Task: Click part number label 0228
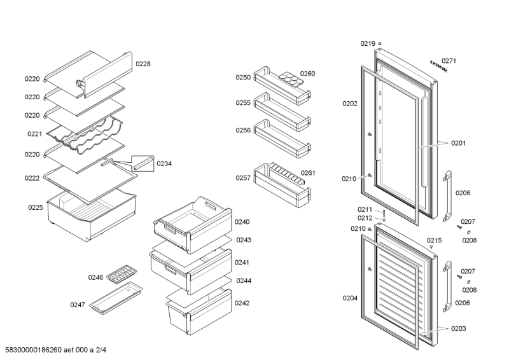[x=143, y=64]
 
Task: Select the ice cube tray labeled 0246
[x=119, y=275]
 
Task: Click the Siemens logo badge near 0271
[x=438, y=66]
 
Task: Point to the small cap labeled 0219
[x=380, y=44]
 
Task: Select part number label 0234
[x=164, y=163]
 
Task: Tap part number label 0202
[x=349, y=103]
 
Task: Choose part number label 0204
[x=349, y=298]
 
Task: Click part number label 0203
[x=459, y=328]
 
